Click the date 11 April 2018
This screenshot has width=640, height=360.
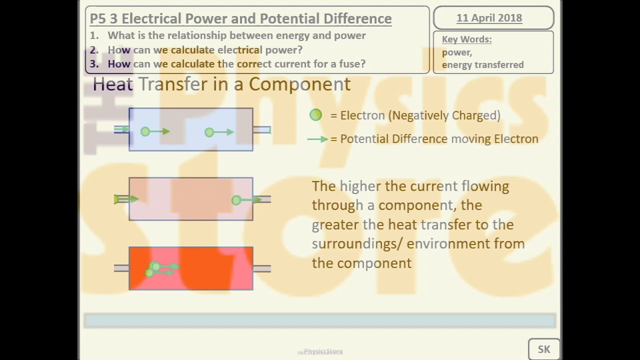click(489, 18)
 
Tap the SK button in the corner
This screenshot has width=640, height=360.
click(543, 349)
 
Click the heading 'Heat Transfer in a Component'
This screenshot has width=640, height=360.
click(221, 84)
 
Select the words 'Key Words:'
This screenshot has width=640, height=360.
click(466, 39)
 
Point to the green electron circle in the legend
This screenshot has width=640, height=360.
click(315, 115)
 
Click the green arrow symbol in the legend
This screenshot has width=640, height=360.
click(317, 139)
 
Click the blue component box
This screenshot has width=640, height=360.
click(190, 120)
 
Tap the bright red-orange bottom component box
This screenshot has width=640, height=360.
click(210, 268)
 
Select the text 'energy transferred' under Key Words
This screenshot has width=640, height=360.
click(482, 64)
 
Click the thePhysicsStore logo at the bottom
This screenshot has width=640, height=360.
click(320, 351)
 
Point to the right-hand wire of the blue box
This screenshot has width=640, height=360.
click(261, 130)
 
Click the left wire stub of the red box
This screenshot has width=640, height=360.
click(121, 268)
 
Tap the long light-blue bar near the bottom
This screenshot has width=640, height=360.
click(320, 320)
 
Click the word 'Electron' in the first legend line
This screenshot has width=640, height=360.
click(363, 115)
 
